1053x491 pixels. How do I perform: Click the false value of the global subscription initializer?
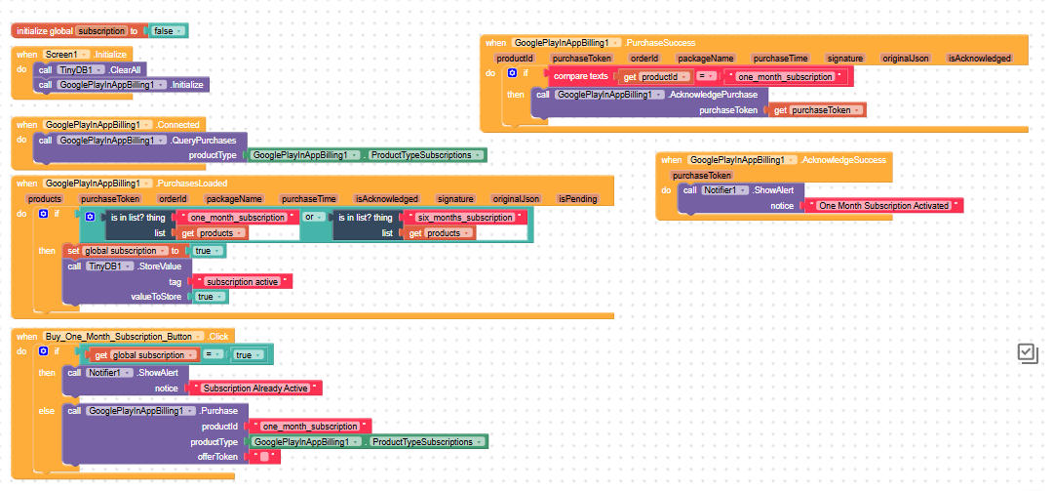click(168, 31)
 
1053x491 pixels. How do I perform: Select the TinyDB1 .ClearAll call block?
click(92, 70)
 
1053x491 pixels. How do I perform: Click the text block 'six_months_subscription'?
click(465, 218)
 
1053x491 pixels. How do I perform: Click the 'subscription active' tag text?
click(242, 282)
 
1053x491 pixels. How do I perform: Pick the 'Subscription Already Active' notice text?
click(255, 389)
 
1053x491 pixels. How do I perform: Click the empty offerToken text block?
click(264, 457)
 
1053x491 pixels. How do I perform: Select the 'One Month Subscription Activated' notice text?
click(883, 205)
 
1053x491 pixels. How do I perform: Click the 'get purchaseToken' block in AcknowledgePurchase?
click(817, 110)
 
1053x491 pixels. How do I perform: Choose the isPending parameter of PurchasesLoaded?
click(577, 199)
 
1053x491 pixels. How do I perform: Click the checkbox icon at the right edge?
click(1029, 353)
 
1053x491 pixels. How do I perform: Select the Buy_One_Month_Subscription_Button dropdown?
click(124, 337)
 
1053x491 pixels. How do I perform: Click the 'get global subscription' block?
click(144, 354)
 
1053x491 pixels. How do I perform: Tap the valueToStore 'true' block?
click(210, 297)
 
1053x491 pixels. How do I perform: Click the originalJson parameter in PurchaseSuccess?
click(905, 59)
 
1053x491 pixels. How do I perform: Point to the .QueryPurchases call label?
click(204, 141)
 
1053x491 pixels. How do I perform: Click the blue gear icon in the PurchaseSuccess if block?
click(513, 72)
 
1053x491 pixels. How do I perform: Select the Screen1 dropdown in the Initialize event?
click(66, 54)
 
